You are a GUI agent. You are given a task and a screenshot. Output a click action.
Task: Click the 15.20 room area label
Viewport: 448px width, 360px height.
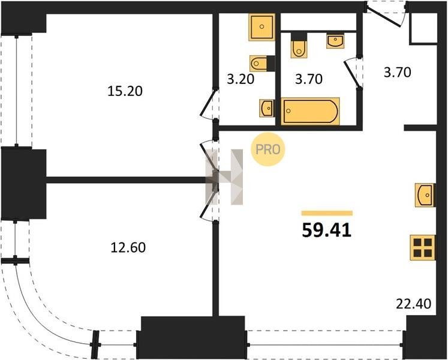point(125,91)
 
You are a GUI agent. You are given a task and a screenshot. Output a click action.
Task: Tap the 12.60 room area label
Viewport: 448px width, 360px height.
point(128,248)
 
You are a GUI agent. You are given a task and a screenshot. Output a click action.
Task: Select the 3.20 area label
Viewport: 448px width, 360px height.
point(240,79)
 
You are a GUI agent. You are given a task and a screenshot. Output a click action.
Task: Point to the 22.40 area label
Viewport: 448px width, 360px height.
point(413,304)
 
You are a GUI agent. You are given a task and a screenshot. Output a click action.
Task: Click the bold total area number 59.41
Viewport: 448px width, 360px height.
point(327,230)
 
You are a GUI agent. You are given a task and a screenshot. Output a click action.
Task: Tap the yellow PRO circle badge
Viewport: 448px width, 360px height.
point(267,149)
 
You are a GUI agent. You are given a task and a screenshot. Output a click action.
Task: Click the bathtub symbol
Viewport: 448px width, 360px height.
point(311,111)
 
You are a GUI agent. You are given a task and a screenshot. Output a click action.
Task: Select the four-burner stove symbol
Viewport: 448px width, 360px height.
point(423,248)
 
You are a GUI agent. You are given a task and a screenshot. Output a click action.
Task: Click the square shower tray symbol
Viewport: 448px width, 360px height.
point(261,27)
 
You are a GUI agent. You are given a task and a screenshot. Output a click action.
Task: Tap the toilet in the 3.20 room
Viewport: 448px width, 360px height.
point(262,63)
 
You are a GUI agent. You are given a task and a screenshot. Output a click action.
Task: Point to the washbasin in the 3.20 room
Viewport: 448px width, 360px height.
point(267,108)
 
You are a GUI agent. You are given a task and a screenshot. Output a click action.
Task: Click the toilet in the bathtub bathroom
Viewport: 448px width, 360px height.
point(299,46)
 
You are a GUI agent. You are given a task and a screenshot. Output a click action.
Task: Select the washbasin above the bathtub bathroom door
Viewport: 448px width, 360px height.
point(335,41)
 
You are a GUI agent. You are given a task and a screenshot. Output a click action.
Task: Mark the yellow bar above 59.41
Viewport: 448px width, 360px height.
point(327,213)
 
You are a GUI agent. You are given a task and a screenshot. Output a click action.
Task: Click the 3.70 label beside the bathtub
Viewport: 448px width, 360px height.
point(309,79)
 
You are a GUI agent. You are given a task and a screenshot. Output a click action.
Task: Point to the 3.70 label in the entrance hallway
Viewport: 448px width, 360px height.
point(398,73)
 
